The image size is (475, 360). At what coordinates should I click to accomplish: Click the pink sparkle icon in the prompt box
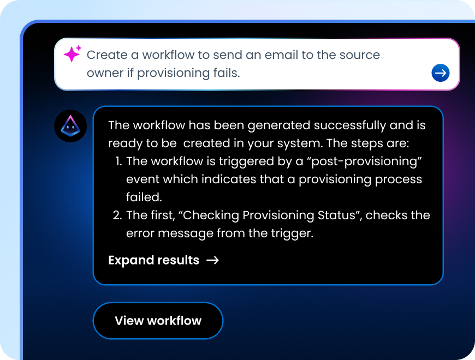(72, 54)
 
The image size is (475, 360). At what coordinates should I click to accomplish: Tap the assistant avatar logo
(70, 126)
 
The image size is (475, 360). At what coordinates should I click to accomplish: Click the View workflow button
(158, 321)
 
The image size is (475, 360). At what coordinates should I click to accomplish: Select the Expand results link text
(153, 260)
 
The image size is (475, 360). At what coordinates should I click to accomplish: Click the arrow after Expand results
(212, 260)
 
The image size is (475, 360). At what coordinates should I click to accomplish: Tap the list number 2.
(117, 215)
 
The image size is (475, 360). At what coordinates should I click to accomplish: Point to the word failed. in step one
(144, 196)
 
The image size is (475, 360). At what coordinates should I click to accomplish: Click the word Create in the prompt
(105, 55)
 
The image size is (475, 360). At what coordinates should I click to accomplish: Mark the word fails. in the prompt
(223, 73)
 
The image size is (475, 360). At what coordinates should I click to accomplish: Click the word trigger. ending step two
(293, 233)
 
